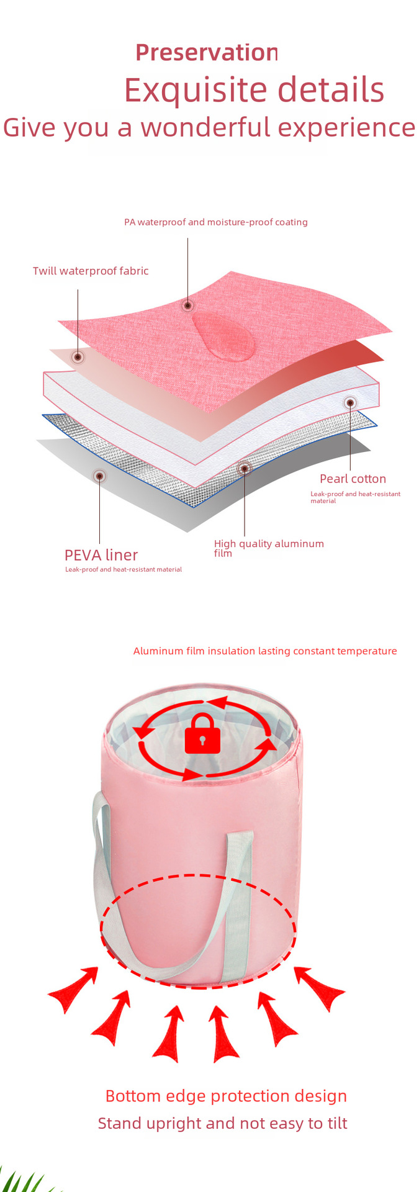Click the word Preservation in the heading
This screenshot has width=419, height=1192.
206,53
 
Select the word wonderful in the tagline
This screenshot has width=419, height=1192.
205,128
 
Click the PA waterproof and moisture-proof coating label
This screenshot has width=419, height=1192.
215,222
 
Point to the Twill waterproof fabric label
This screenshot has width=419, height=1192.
91,271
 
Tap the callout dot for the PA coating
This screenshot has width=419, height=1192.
187,305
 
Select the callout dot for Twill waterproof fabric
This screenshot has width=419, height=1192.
78,357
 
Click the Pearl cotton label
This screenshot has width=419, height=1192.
353,479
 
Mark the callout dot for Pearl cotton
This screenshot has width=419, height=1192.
350,403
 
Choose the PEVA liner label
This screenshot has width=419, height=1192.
101,555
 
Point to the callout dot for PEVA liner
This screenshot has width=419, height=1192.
99,476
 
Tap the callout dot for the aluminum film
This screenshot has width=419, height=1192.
245,468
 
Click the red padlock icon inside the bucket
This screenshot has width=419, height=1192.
202,734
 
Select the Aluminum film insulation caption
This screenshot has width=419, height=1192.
265,651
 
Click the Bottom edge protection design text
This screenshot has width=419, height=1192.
226,1096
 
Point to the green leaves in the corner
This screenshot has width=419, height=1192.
25,1180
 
